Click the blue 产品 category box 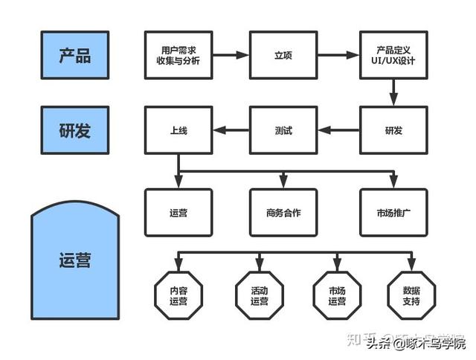[74, 55]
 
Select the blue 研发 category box [74, 131]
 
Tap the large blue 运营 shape [74, 260]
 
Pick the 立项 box [283, 55]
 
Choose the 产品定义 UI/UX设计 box [393, 55]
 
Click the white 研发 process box [393, 131]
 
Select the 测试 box [283, 131]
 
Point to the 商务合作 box [283, 212]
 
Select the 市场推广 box [393, 212]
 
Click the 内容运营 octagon [178, 296]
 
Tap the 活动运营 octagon [259, 296]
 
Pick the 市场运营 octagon [336, 296]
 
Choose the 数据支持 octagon [411, 296]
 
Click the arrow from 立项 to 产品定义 [338, 55]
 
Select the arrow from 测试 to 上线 [230, 131]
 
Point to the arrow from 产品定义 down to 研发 [393, 92]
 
